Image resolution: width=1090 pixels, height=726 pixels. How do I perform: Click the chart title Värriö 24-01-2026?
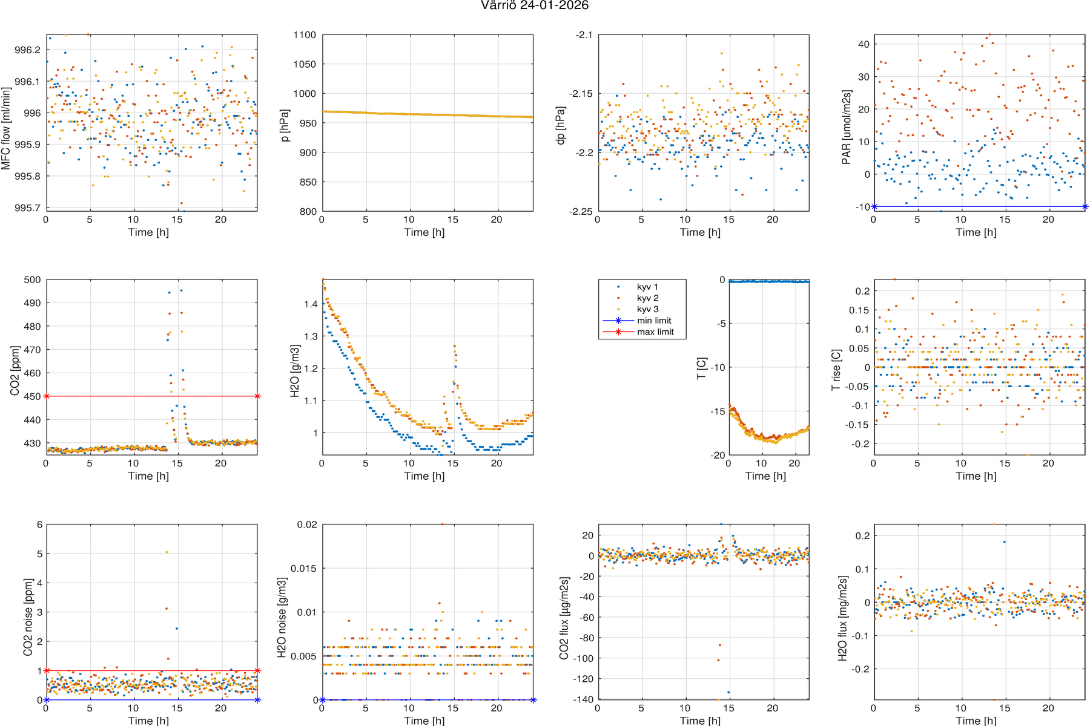535,5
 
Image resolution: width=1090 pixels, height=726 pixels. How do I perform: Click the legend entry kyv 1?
647,287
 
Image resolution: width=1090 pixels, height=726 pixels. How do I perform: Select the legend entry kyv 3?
647,309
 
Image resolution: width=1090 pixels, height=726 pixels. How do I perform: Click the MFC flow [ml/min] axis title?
6,128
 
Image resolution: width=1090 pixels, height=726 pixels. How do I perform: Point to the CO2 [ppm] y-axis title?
15,371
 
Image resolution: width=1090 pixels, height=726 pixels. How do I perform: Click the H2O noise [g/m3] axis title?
282,618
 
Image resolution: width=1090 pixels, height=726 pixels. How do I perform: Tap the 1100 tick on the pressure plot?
305,35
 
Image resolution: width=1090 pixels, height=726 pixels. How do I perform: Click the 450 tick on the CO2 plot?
33,397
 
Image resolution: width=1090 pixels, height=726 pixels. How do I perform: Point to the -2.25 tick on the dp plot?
580,211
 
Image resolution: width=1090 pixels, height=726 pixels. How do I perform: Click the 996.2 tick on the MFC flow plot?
27,50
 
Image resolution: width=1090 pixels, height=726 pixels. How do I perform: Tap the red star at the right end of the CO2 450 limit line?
257,396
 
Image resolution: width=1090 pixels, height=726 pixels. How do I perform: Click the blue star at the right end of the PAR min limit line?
1085,207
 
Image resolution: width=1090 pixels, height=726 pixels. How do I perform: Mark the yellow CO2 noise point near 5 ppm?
167,552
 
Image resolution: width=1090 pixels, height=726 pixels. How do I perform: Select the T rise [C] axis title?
836,370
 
